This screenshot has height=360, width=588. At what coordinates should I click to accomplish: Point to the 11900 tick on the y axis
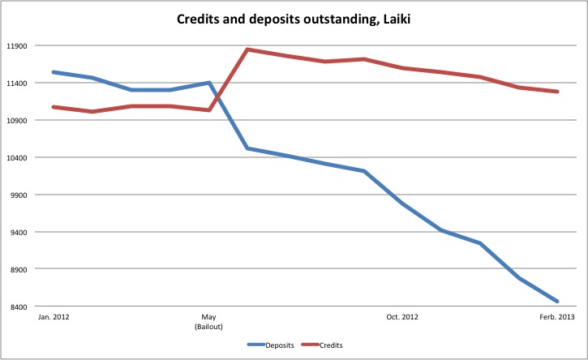point(16,46)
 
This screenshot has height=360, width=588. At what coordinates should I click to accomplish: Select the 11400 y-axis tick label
point(16,84)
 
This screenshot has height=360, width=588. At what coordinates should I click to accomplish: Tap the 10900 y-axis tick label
point(16,121)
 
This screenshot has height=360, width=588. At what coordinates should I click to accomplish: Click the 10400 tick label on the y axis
point(16,158)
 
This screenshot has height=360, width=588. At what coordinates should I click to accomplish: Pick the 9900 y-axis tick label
point(18,195)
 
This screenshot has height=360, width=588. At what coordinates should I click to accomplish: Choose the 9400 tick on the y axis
point(18,233)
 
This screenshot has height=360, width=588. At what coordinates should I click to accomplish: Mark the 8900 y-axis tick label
point(18,270)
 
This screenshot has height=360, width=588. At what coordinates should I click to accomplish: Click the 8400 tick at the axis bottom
point(18,307)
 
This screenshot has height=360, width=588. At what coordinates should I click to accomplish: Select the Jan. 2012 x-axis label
point(54,317)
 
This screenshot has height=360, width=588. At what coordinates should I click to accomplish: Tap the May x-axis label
point(208,317)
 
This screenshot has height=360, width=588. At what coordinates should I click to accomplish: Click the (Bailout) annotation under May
point(208,326)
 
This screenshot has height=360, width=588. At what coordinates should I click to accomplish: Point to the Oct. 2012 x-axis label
point(403,317)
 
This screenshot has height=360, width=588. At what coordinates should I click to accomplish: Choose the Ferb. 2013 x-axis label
point(558,317)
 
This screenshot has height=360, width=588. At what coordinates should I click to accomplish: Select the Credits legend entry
point(330,345)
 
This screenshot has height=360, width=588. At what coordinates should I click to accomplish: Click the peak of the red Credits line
point(247,49)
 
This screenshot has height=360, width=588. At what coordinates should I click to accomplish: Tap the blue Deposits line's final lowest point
point(558,302)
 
